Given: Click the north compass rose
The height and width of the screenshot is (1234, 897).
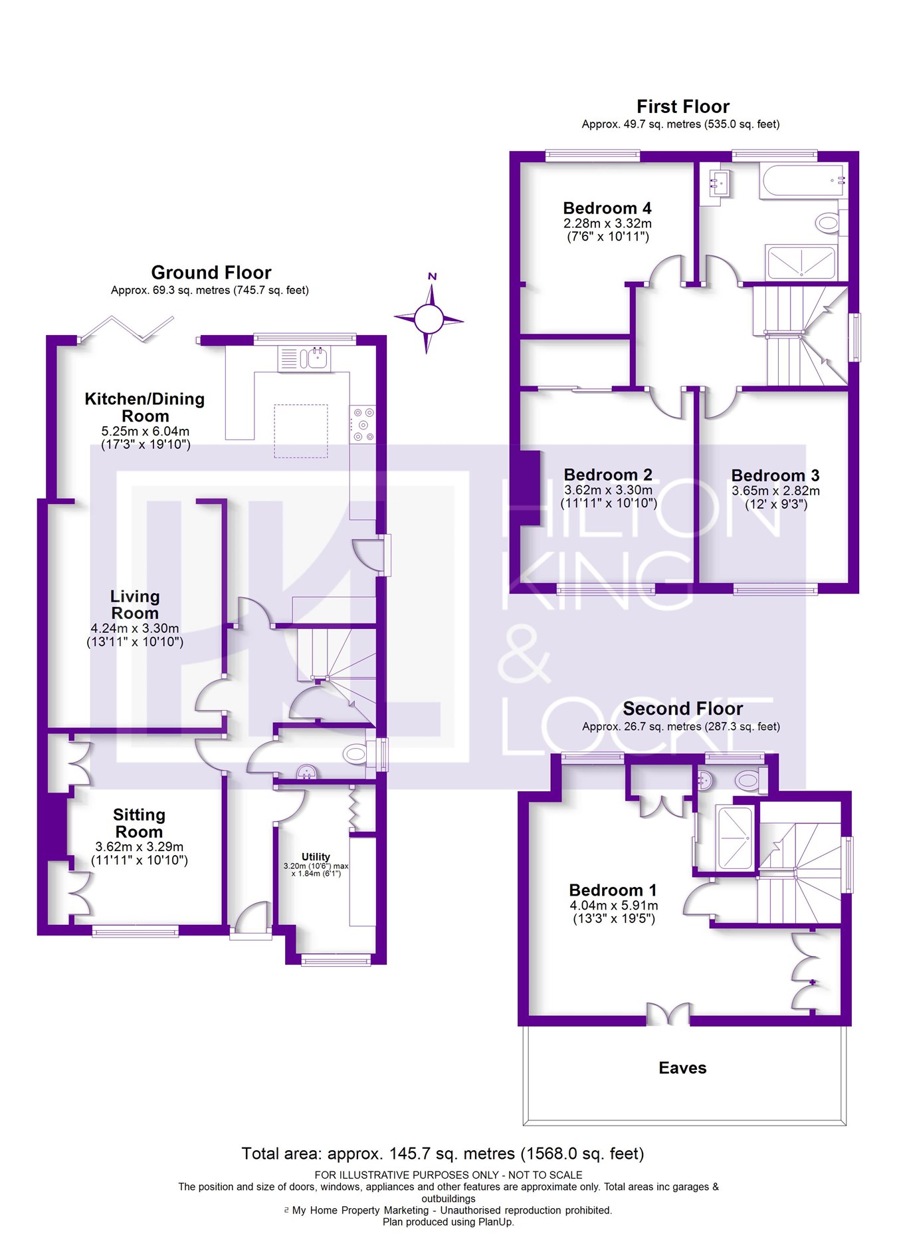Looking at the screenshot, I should [429, 318].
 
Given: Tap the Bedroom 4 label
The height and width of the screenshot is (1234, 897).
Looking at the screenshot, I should [607, 208].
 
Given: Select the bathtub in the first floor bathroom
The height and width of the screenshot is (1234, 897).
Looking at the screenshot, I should [803, 180].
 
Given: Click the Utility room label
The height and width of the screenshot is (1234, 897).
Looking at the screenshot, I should [316, 856].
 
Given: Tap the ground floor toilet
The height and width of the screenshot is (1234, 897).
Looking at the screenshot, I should [356, 754].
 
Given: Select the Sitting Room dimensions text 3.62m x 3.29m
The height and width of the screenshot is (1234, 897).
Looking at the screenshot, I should [139, 846].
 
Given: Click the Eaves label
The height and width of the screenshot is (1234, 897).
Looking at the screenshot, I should [682, 1068].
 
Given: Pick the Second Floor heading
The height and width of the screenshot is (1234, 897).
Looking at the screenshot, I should [682, 708].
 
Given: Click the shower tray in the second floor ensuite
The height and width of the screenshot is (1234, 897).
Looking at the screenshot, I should [734, 838].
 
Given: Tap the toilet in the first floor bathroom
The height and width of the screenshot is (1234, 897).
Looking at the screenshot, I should [828, 223].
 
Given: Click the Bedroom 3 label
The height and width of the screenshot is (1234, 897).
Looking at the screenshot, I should [775, 475].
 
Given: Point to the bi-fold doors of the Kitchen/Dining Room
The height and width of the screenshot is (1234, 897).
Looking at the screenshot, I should [126, 329].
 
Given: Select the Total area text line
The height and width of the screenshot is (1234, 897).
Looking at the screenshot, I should [443, 1154].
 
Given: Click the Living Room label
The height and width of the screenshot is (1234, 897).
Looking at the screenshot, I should [135, 604].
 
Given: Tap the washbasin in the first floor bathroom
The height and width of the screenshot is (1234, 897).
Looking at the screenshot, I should [719, 182].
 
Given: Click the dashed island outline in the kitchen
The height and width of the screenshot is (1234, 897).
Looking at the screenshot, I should [301, 431].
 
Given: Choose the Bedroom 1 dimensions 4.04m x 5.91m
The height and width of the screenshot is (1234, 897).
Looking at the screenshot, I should [613, 906].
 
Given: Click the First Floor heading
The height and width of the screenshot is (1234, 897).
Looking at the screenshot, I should [682, 106].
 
